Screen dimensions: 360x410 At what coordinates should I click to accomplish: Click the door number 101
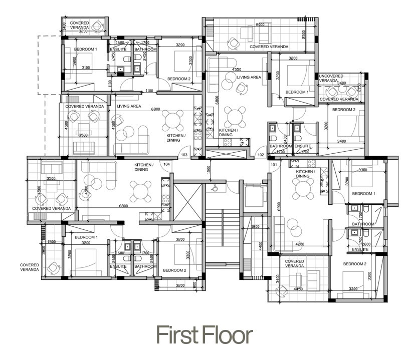pyautogui.click(x=274, y=164)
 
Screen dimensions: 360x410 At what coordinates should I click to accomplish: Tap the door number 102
pyautogui.click(x=261, y=155)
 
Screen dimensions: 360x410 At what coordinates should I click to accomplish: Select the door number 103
pyautogui.click(x=184, y=155)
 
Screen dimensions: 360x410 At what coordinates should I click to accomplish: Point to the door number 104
pyautogui.click(x=166, y=164)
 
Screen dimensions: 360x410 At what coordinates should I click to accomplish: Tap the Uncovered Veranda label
pyautogui.click(x=329, y=78)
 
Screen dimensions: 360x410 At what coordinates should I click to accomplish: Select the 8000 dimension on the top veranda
pyautogui.click(x=260, y=25)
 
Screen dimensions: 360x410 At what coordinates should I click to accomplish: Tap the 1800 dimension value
pyautogui.click(x=255, y=227)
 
